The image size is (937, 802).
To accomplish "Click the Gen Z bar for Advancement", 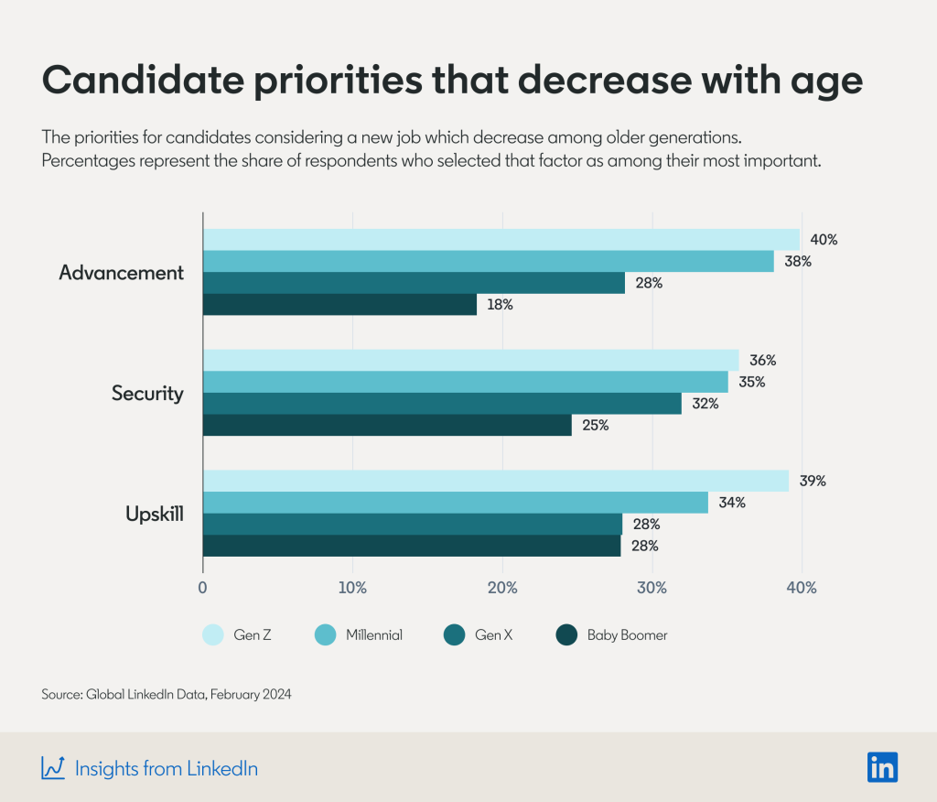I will coord(501,240).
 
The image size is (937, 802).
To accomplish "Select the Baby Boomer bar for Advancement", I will coord(339,305).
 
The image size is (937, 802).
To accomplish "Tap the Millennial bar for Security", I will coord(465,382).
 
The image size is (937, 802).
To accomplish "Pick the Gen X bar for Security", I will coord(442,404).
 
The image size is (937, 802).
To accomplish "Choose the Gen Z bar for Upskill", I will coord(495,481).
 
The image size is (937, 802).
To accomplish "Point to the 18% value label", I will coord(501,305).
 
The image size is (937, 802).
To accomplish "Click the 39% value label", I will coord(813,481).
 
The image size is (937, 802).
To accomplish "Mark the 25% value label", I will coord(596,426).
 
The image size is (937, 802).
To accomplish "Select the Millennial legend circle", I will coord(326,634).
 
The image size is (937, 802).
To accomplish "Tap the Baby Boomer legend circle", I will coord(567,634).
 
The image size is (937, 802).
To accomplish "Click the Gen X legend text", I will coord(494,634).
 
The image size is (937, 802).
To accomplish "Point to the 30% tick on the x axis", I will coord(652,587).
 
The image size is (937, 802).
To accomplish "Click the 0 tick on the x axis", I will coord(202,587).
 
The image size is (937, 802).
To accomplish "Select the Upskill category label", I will coord(154,514).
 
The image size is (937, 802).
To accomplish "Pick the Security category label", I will coord(147,394).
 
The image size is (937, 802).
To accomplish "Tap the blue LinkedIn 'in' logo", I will coord(882,767).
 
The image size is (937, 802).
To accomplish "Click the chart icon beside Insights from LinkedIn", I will coord(52,768).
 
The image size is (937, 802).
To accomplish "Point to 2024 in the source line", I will coord(275,695).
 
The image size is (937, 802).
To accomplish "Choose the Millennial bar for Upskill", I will coord(455,503).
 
